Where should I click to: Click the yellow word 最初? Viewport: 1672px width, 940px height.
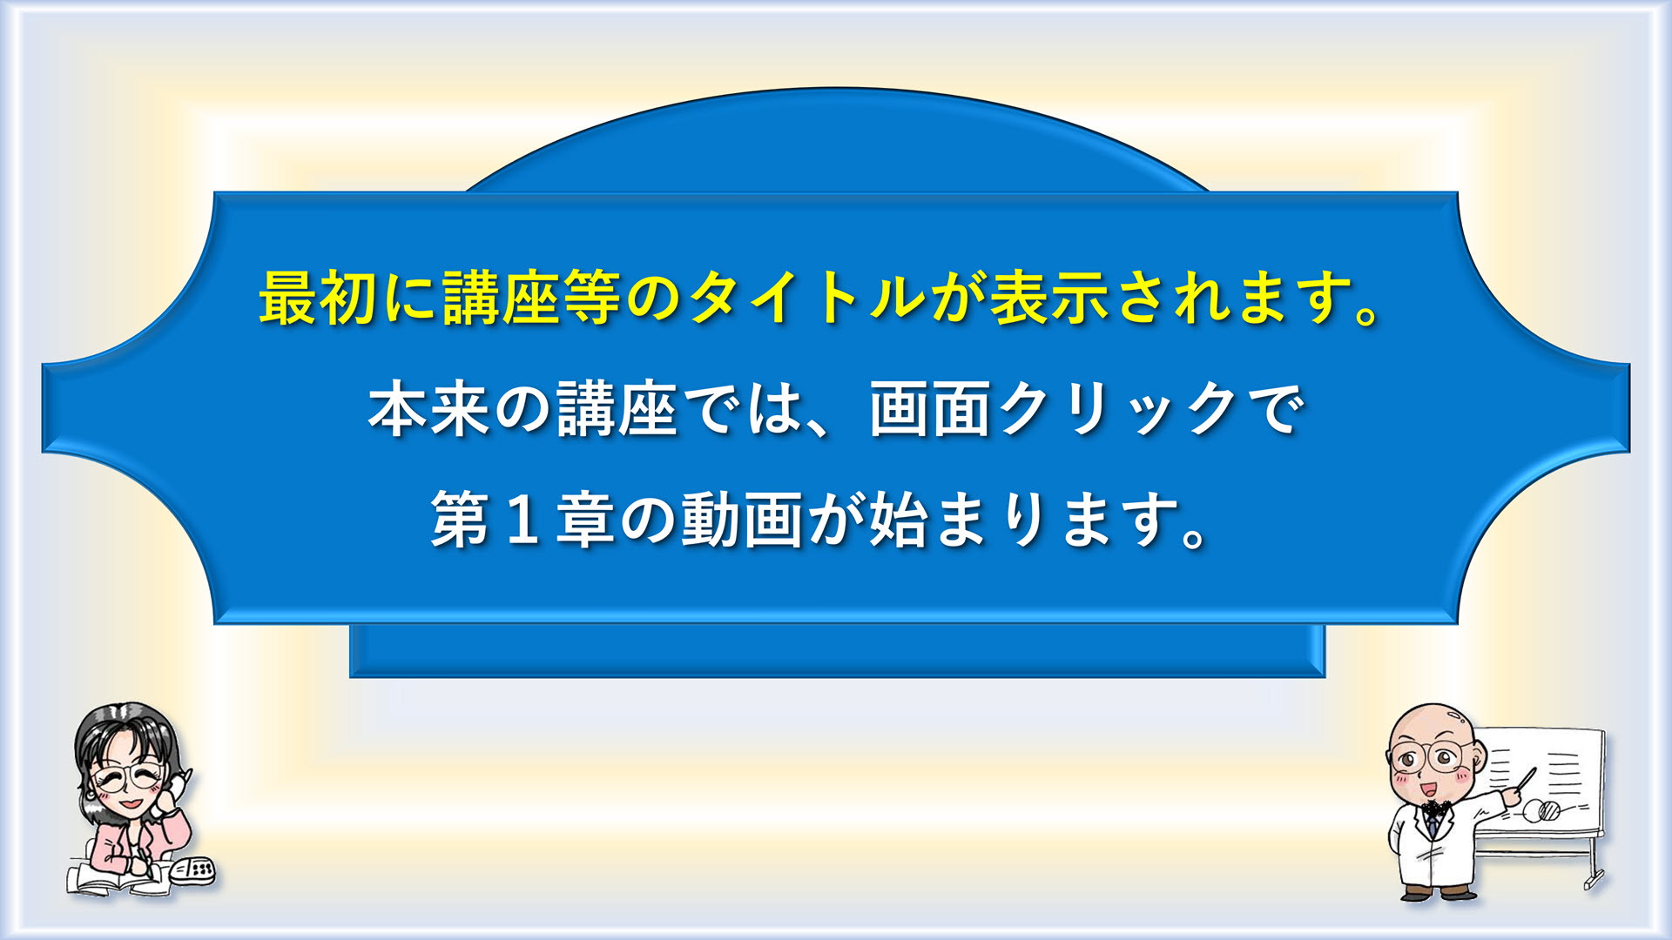click(x=318, y=298)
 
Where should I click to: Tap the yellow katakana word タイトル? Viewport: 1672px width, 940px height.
click(x=807, y=298)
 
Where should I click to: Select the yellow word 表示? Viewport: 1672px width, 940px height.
click(x=1049, y=298)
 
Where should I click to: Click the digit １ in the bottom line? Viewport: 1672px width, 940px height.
click(x=522, y=520)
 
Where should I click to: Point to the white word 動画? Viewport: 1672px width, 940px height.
click(x=741, y=520)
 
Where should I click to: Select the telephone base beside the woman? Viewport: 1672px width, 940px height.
click(x=192, y=870)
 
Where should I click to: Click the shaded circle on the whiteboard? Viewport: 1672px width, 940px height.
click(x=1549, y=812)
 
